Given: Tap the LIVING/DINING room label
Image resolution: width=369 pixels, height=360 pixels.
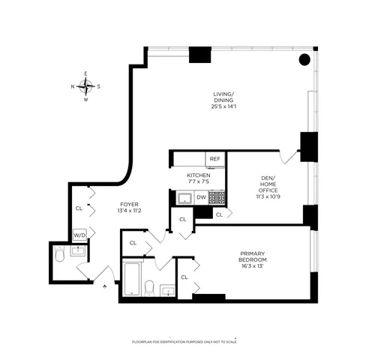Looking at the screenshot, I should (223, 97).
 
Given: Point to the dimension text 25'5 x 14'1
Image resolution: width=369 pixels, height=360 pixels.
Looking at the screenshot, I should (223, 106).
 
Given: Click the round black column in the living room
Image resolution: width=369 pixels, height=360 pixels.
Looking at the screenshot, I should (304, 60).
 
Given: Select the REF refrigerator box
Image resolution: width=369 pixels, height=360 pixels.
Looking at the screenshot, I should (215, 158).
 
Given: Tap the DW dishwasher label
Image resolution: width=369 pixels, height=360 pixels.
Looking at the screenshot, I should (201, 197).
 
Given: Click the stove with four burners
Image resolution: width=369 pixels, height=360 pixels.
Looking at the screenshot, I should (217, 197).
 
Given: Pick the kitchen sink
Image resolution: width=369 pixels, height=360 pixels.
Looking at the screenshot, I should (184, 198).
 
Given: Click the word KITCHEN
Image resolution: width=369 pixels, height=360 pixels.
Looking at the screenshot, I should (199, 175).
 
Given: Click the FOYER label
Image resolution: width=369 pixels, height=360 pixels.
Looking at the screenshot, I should (130, 203).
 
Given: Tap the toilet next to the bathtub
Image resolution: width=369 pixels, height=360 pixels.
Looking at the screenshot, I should (149, 287).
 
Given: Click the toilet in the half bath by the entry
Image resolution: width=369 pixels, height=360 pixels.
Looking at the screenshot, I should (60, 256).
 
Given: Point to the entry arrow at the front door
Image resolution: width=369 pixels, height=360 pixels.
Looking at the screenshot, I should (104, 283).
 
